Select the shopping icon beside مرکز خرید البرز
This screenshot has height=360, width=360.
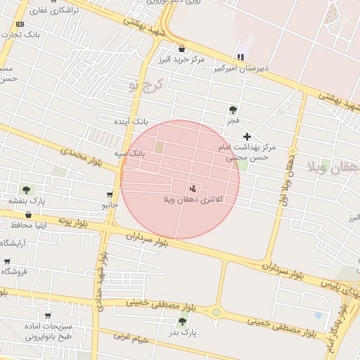pos(183,49)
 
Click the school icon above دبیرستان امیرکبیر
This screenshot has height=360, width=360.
pos(241,57)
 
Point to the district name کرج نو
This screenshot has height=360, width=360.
pos(145,86)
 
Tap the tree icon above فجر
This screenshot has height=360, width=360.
pos(233,110)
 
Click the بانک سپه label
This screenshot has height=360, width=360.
pos(130,153)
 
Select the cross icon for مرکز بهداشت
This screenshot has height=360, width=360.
pos(247,136)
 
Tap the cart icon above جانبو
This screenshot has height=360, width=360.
pos(110,195)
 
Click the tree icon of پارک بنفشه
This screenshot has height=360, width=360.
pos(26,190)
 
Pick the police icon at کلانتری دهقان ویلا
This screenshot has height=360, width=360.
pos(193,188)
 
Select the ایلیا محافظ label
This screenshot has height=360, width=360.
pos(27,225)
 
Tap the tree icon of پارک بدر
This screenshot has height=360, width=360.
pos(183,321)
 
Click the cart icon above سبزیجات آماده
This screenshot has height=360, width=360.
pos(48,316)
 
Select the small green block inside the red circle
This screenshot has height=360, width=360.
pos(159,147)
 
